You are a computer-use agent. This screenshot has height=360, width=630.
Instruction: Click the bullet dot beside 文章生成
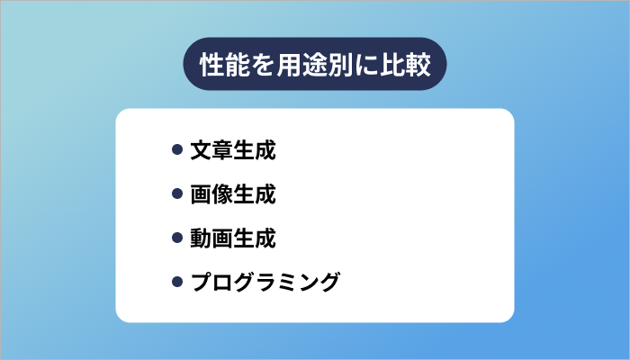[x=176, y=150]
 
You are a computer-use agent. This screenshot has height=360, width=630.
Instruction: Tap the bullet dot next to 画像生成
[x=176, y=194]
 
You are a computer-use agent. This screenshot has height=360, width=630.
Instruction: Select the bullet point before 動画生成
[x=176, y=238]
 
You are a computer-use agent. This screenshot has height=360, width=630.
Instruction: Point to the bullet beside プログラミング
[x=176, y=283]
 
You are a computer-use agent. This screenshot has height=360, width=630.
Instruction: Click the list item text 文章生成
[x=232, y=150]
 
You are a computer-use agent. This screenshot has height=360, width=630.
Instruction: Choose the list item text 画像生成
[x=232, y=194]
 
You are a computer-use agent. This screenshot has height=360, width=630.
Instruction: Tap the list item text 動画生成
[x=232, y=238]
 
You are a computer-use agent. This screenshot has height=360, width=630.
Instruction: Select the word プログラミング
[x=265, y=283]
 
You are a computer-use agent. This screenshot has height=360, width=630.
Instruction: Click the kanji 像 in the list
[x=221, y=194]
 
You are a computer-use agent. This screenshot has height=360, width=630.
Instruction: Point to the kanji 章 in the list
[x=221, y=150]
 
